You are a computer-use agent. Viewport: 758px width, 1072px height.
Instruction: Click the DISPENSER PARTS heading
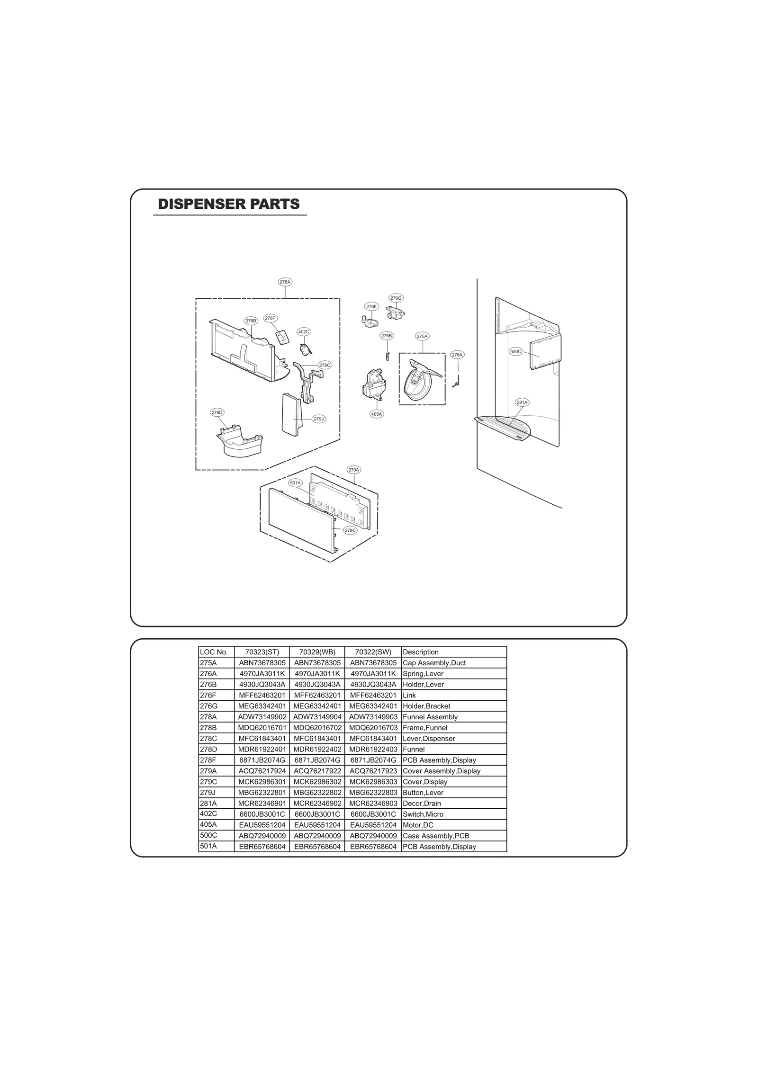(x=229, y=204)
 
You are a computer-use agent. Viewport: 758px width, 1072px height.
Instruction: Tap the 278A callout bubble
(x=285, y=282)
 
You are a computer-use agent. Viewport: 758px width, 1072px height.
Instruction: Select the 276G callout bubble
(x=396, y=298)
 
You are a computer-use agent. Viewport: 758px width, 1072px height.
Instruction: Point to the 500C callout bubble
(x=515, y=351)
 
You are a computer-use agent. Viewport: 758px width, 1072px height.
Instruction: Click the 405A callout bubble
(x=377, y=414)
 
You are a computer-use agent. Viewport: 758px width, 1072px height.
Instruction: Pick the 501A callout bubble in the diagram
(x=296, y=482)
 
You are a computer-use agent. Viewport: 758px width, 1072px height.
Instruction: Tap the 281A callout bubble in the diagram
(x=522, y=402)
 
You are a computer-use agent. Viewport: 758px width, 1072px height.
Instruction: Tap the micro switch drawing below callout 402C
(x=306, y=349)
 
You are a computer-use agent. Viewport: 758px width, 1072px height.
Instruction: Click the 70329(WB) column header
(x=317, y=652)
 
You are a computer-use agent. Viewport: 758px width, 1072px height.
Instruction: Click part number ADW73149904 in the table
(x=317, y=717)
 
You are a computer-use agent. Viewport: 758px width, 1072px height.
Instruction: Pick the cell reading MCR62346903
(x=373, y=803)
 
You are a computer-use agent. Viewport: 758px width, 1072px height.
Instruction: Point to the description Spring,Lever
(x=423, y=674)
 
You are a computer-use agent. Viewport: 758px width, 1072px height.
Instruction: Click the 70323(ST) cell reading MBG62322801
(x=262, y=793)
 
